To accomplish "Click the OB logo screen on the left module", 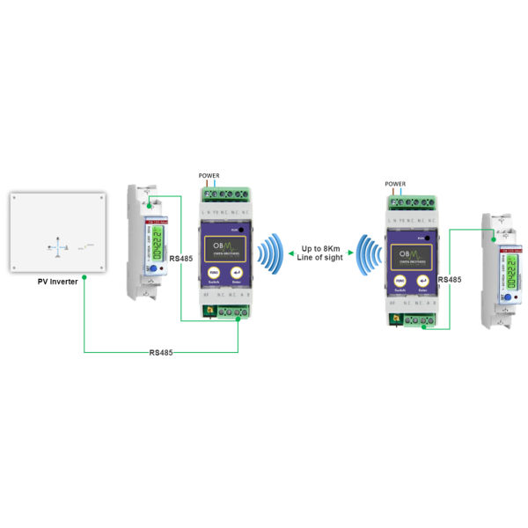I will (224, 243).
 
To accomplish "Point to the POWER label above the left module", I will (210, 176).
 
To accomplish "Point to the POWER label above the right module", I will (397, 183).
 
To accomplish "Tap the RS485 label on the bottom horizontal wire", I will (162, 352).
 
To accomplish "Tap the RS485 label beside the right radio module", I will (450, 279).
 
